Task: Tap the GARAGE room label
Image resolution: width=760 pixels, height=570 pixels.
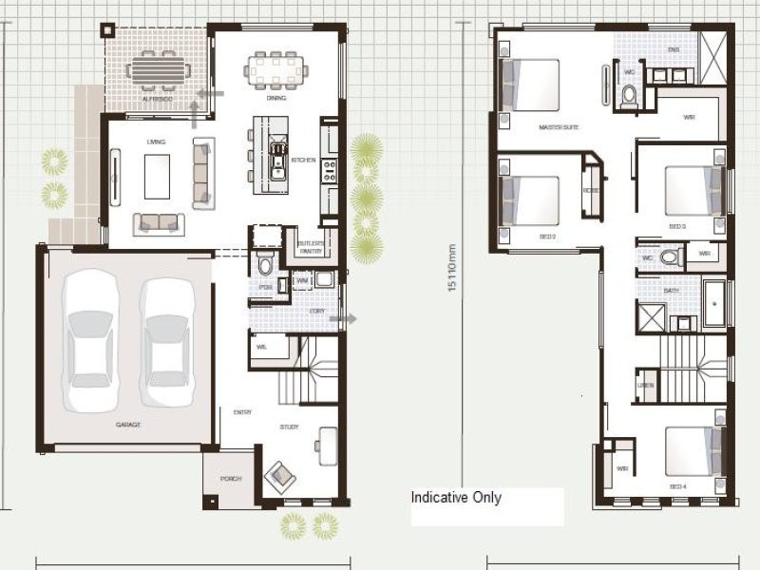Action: pyautogui.click(x=128, y=425)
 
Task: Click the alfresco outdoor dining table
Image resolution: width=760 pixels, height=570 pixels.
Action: pyautogui.click(x=158, y=70)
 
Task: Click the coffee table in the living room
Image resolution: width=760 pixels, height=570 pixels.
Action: pyautogui.click(x=157, y=175)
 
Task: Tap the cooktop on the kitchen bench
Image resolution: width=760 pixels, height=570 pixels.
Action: pyautogui.click(x=331, y=171)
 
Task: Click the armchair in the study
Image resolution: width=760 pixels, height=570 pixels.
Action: pyautogui.click(x=282, y=472)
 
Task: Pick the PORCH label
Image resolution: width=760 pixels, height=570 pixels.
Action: pyautogui.click(x=230, y=479)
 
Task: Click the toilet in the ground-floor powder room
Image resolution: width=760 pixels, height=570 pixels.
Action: pyautogui.click(x=266, y=263)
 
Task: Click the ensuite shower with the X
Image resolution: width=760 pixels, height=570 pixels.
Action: pyautogui.click(x=712, y=47)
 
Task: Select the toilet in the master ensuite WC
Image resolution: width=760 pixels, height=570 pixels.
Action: pyautogui.click(x=628, y=94)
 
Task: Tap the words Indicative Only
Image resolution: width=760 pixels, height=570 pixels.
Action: pyautogui.click(x=456, y=498)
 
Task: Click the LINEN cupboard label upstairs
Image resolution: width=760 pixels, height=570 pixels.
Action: pyautogui.click(x=646, y=385)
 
